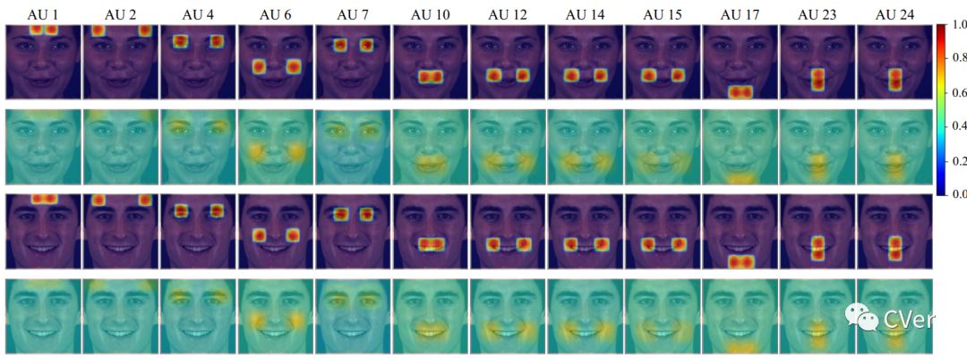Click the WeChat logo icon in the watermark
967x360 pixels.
tap(858, 316)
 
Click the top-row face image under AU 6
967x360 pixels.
tap(276, 62)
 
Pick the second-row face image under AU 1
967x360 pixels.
tap(43, 146)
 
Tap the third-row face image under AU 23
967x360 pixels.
tap(817, 231)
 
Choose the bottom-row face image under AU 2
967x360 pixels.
tap(120, 316)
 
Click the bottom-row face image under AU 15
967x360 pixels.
tap(663, 316)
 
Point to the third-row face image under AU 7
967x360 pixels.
tap(353, 231)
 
